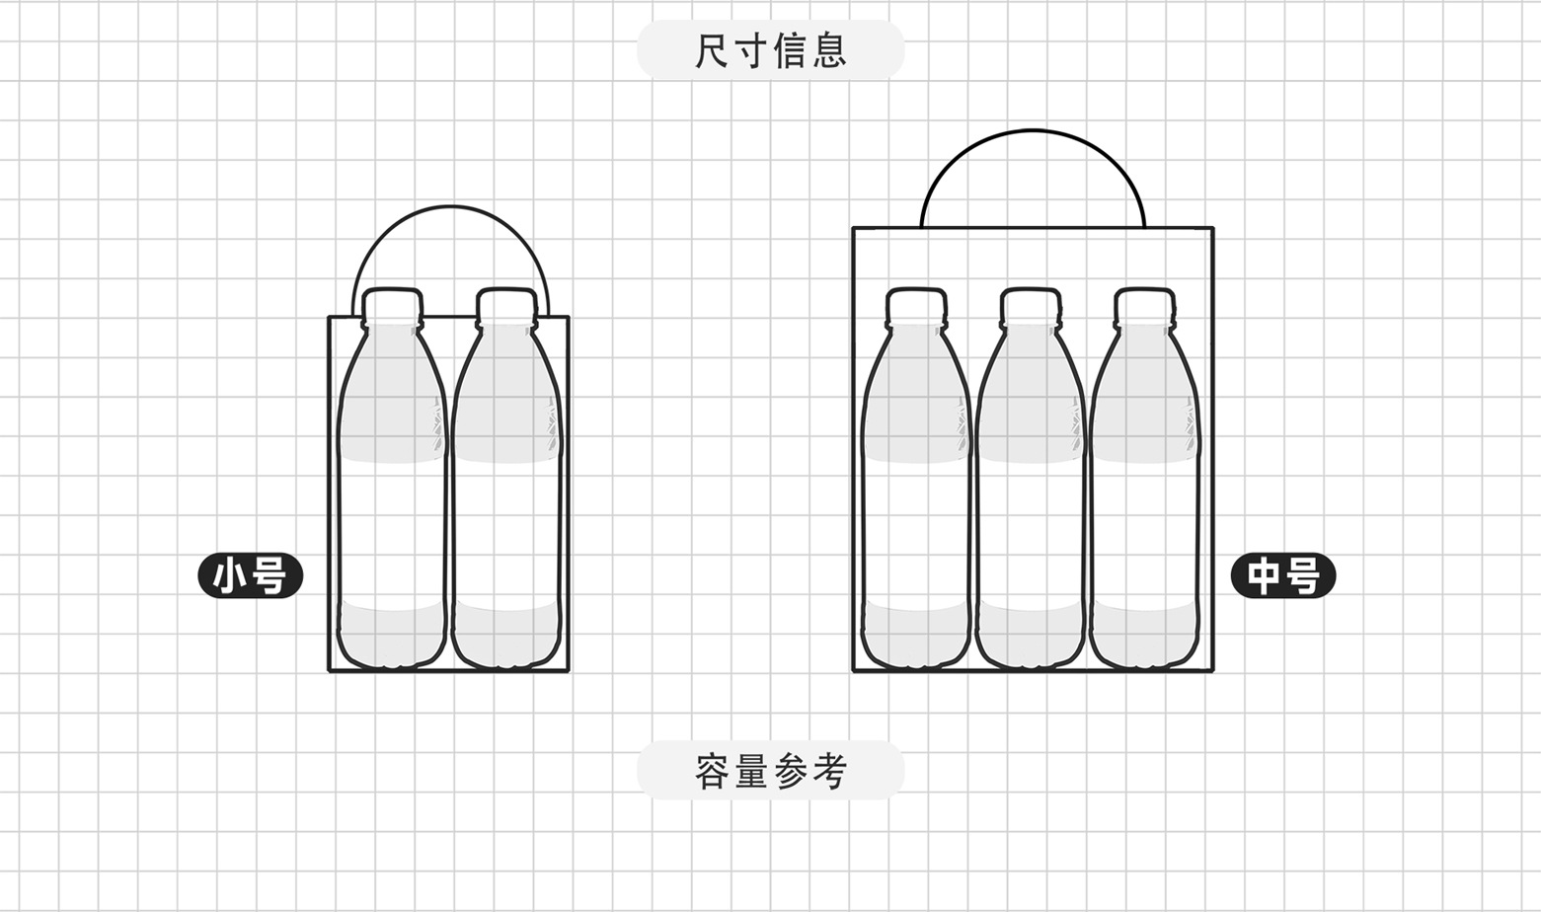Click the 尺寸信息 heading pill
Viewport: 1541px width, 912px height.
click(x=770, y=50)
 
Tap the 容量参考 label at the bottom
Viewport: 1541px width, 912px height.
click(x=770, y=771)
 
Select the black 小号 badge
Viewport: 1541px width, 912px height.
click(x=251, y=575)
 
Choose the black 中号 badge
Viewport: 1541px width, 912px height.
click(x=1282, y=575)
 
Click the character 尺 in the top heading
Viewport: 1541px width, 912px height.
click(x=713, y=50)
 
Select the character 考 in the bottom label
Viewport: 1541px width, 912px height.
click(x=828, y=771)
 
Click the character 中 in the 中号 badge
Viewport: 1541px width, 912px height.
click(x=1264, y=575)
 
